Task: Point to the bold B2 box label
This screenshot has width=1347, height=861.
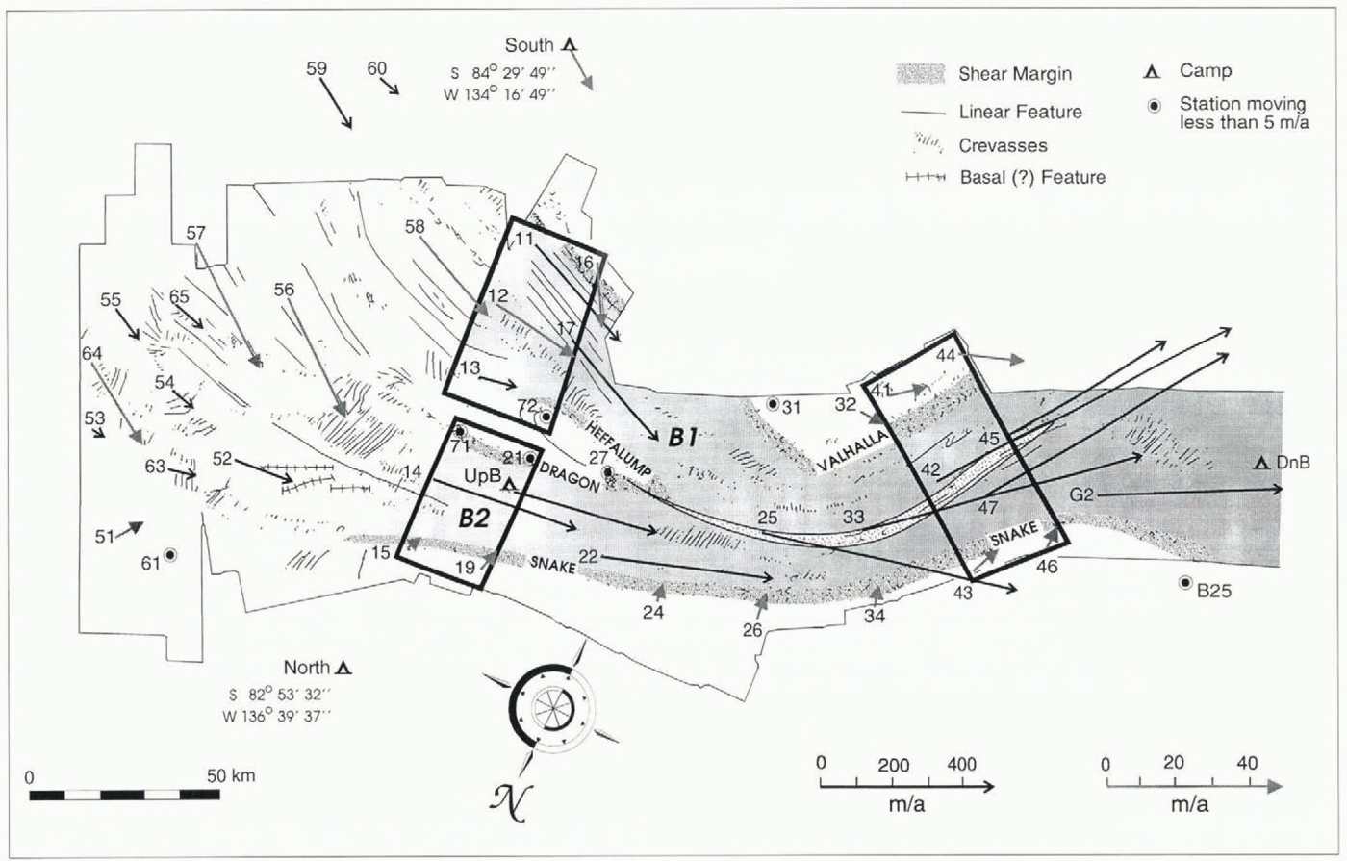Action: click(x=473, y=518)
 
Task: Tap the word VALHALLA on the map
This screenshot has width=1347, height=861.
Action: click(x=851, y=451)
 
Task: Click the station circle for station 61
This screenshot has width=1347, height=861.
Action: click(x=170, y=555)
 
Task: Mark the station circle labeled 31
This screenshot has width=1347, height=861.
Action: click(x=772, y=403)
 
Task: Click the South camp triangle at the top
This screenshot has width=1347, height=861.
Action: click(x=569, y=45)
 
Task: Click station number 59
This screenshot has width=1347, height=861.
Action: click(x=318, y=68)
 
